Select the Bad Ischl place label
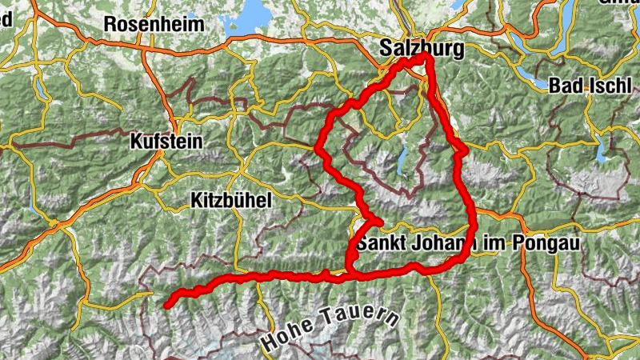[x=591, y=86]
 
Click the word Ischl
[x=607, y=86]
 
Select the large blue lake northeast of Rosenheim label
[x=255, y=11]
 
